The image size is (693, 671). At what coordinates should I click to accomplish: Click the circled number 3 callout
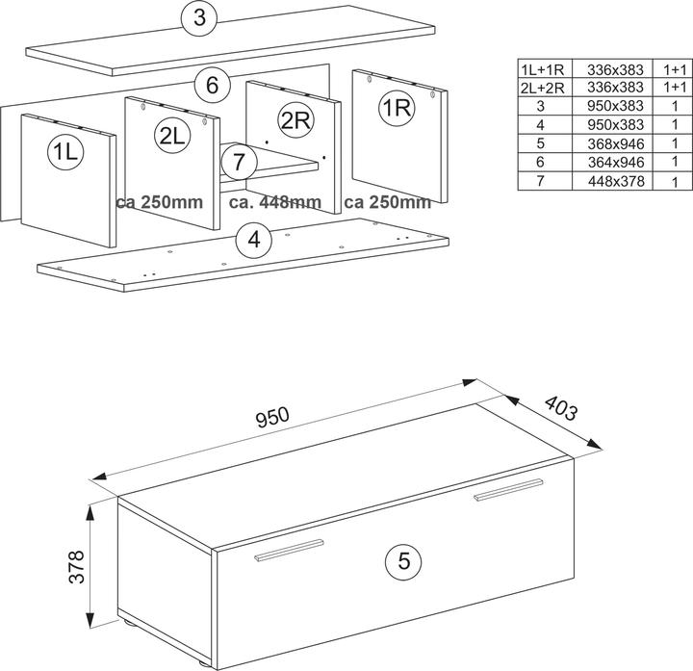pos(198,17)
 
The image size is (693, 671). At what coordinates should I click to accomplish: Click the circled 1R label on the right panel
pos(396,109)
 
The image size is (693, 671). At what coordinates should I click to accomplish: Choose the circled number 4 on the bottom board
pos(253,239)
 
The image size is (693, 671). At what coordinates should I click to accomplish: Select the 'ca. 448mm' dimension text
pos(275,202)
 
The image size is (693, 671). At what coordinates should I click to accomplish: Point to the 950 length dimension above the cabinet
pos(273,418)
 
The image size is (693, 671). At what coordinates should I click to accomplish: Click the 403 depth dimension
pos(560,407)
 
